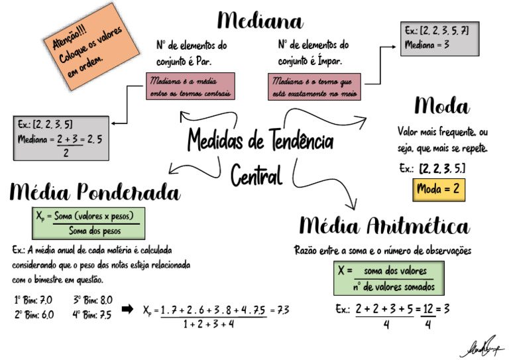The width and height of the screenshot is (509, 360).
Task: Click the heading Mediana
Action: (260, 21)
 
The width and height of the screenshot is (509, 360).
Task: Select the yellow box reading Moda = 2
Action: (438, 190)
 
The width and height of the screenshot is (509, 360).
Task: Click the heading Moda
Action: (442, 106)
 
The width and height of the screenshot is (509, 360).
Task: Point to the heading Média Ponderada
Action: (95, 192)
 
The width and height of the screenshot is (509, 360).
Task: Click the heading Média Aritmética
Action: (384, 226)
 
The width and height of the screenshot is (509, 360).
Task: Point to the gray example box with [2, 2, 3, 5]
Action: (61, 138)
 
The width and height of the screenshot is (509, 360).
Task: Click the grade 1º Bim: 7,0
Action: (33, 300)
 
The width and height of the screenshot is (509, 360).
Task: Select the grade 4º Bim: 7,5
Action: (93, 315)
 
